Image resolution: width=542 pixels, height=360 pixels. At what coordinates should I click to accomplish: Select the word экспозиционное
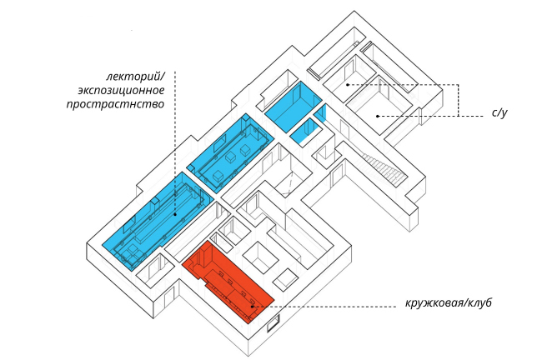(x=119, y=89)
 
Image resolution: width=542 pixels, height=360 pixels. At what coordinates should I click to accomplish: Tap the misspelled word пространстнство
(x=115, y=104)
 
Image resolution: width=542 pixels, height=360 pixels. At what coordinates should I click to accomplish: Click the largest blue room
(x=158, y=217)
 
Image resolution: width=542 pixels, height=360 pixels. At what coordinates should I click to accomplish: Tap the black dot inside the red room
(x=253, y=307)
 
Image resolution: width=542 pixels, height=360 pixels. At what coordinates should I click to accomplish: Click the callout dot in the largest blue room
(x=174, y=212)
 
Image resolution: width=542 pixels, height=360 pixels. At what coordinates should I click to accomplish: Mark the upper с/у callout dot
(x=347, y=84)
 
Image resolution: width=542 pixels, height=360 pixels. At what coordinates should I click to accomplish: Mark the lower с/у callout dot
(x=377, y=115)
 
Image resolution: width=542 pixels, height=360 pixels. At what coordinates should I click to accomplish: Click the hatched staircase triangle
(x=390, y=171)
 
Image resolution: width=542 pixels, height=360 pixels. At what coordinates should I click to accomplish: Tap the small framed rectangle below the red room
(x=272, y=327)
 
